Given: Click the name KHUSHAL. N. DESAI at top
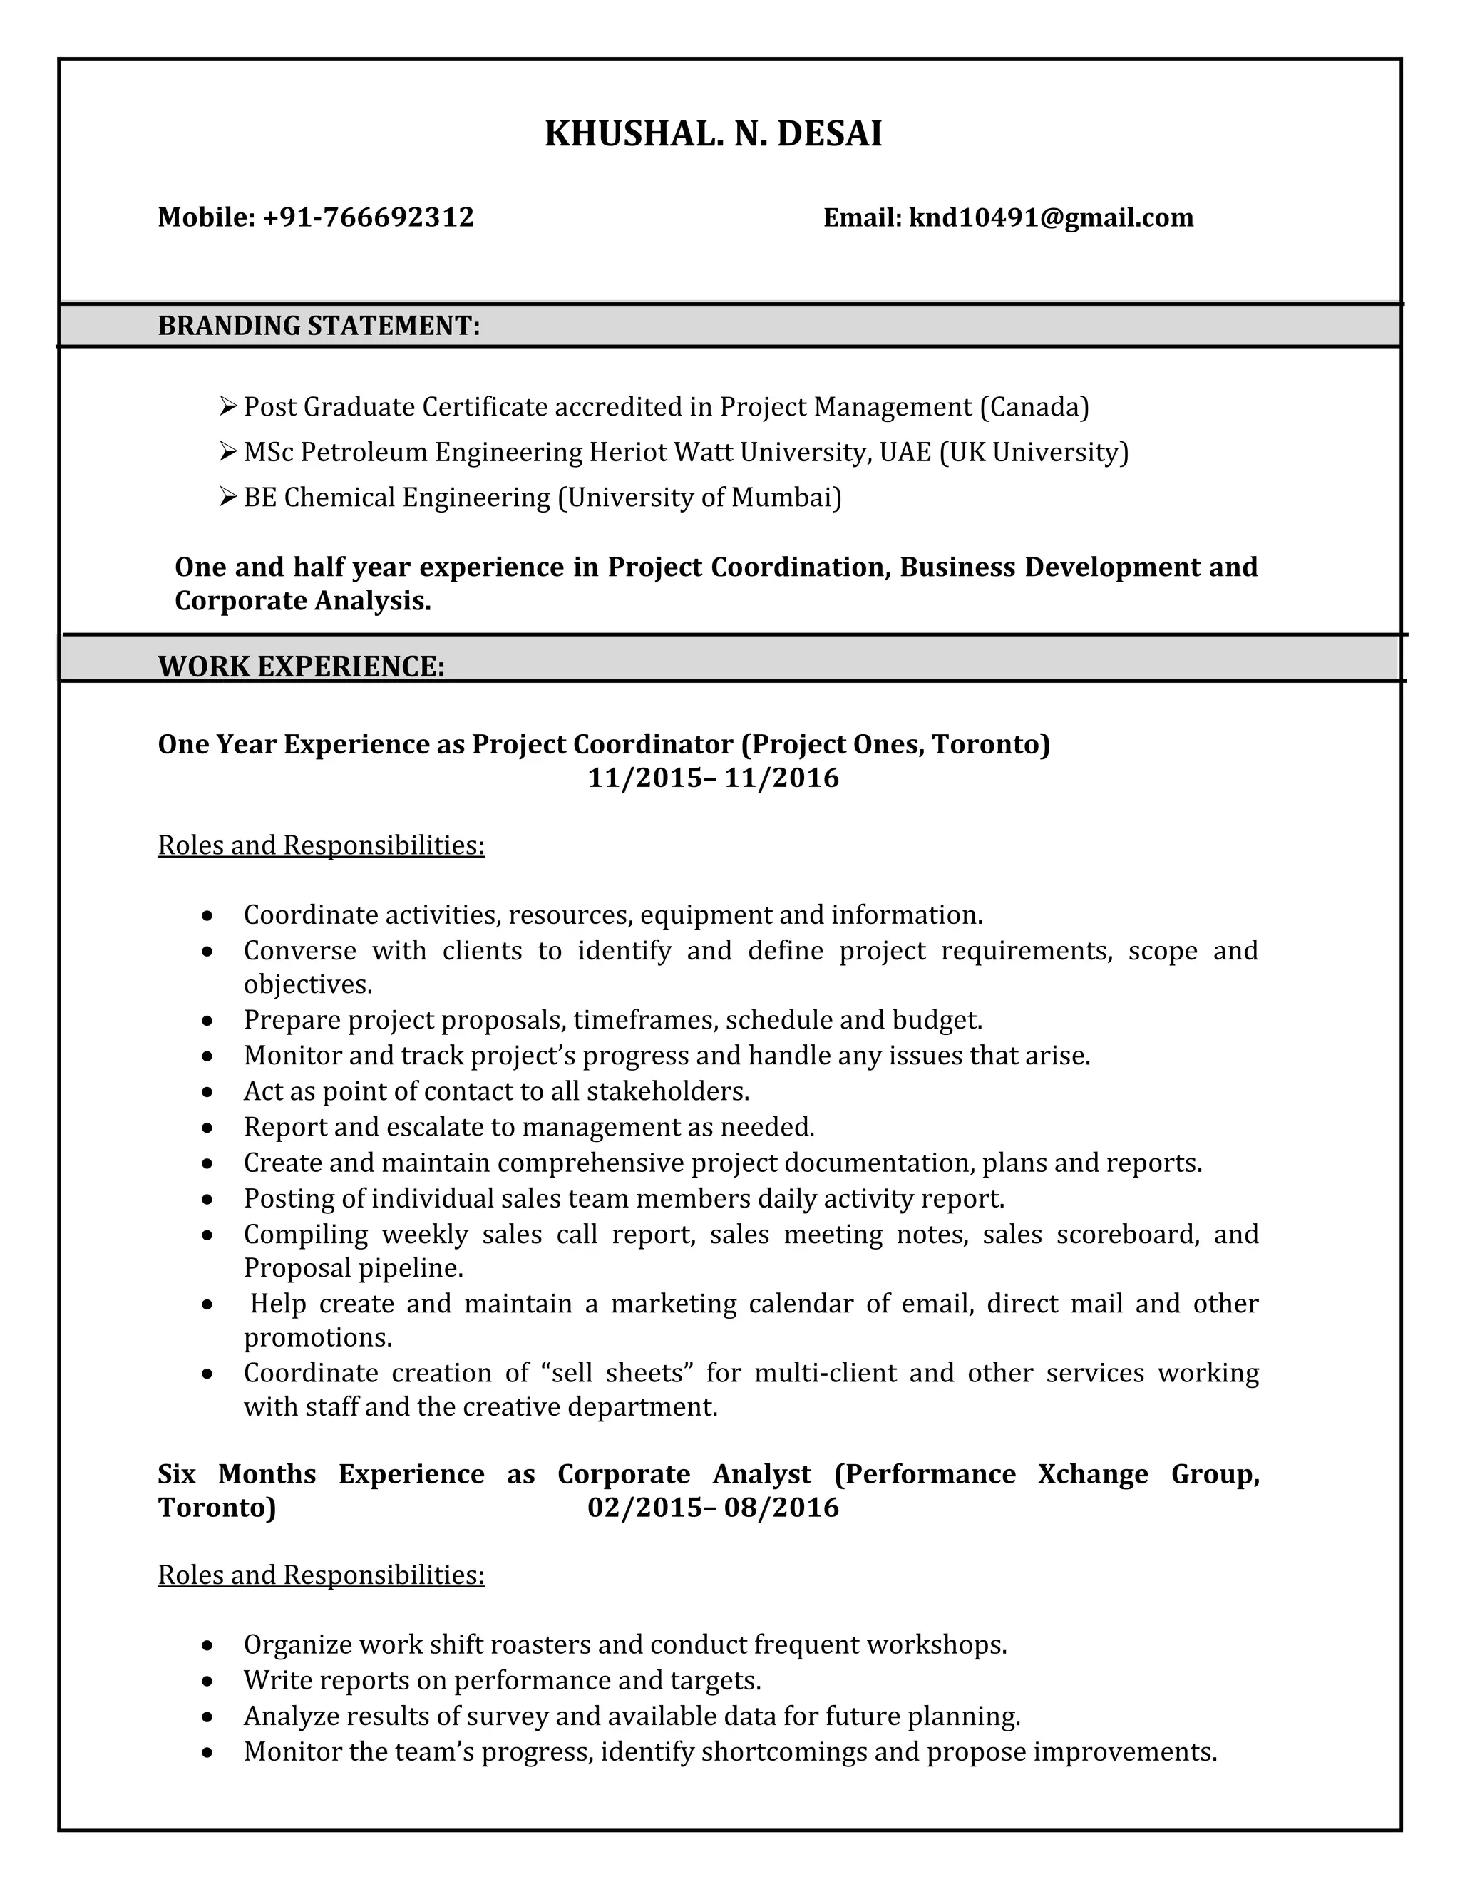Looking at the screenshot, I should (713, 134).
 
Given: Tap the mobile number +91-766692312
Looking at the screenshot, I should (368, 217).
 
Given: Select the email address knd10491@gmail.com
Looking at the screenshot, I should (1050, 217).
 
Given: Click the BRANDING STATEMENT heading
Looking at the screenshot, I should (318, 326).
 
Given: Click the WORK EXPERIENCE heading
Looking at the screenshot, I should (301, 666).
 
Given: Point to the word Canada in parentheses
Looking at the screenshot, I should (1034, 406).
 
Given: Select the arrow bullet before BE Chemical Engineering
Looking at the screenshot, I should (227, 496).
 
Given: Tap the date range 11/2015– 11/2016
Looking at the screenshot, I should (713, 778).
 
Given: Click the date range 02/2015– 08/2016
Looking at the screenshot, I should (713, 1508).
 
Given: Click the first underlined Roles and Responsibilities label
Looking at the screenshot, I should (321, 845).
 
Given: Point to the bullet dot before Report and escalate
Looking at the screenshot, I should (207, 1128).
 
